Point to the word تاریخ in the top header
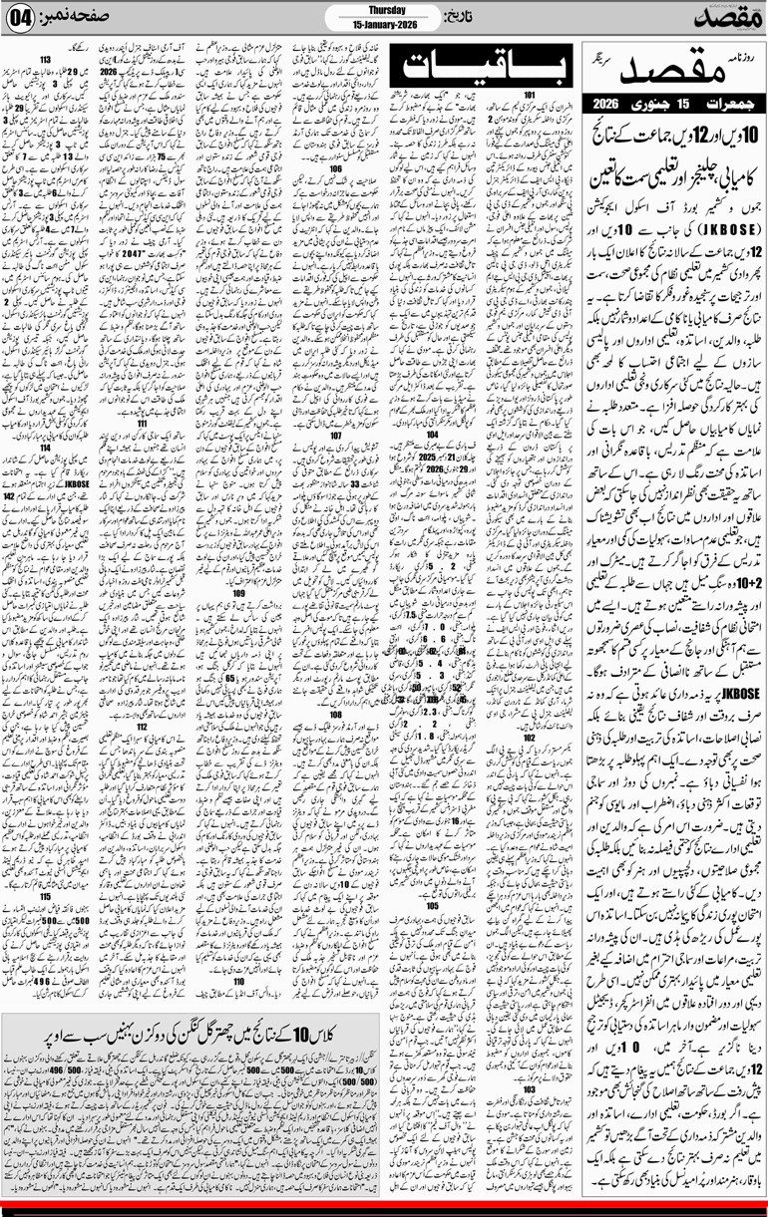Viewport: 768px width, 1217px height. pyautogui.click(x=454, y=19)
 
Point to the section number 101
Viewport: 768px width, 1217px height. pyautogui.click(x=529, y=96)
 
